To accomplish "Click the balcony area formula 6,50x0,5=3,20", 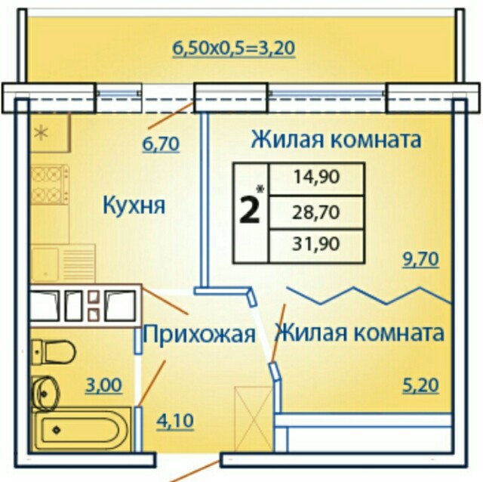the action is coord(233,48).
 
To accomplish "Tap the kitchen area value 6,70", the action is coord(161,144).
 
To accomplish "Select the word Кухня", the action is coord(134,205).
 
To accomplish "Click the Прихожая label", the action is coord(199,334).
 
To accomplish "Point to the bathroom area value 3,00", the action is coord(104,385).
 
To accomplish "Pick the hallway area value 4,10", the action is coord(175,421).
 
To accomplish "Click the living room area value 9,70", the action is coord(421,259).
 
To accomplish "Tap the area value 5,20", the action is coord(421,385).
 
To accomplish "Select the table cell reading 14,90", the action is coord(316,179).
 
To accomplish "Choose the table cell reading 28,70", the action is coord(316,212).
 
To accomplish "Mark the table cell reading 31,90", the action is coord(316,246).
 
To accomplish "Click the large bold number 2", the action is coord(249,211).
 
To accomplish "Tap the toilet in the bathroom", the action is coord(54,352).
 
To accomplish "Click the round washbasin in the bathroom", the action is coord(45,394).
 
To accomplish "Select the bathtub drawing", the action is coord(82,430).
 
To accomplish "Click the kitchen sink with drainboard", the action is coord(63,264).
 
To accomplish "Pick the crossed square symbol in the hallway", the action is coord(254,419).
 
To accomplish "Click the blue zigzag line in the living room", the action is coord(369,295).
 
